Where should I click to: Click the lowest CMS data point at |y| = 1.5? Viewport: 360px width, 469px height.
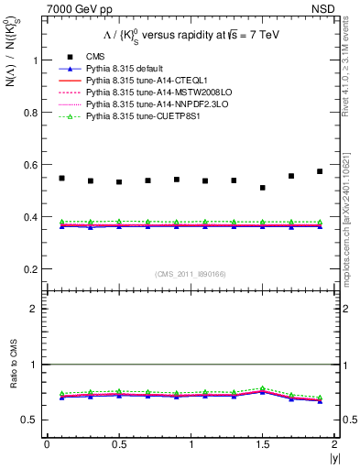pos(263,188)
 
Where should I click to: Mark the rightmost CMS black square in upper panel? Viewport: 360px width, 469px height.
pos(320,171)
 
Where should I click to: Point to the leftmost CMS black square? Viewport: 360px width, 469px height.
pos(61,178)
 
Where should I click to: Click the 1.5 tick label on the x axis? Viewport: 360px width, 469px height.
pos(263,444)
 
